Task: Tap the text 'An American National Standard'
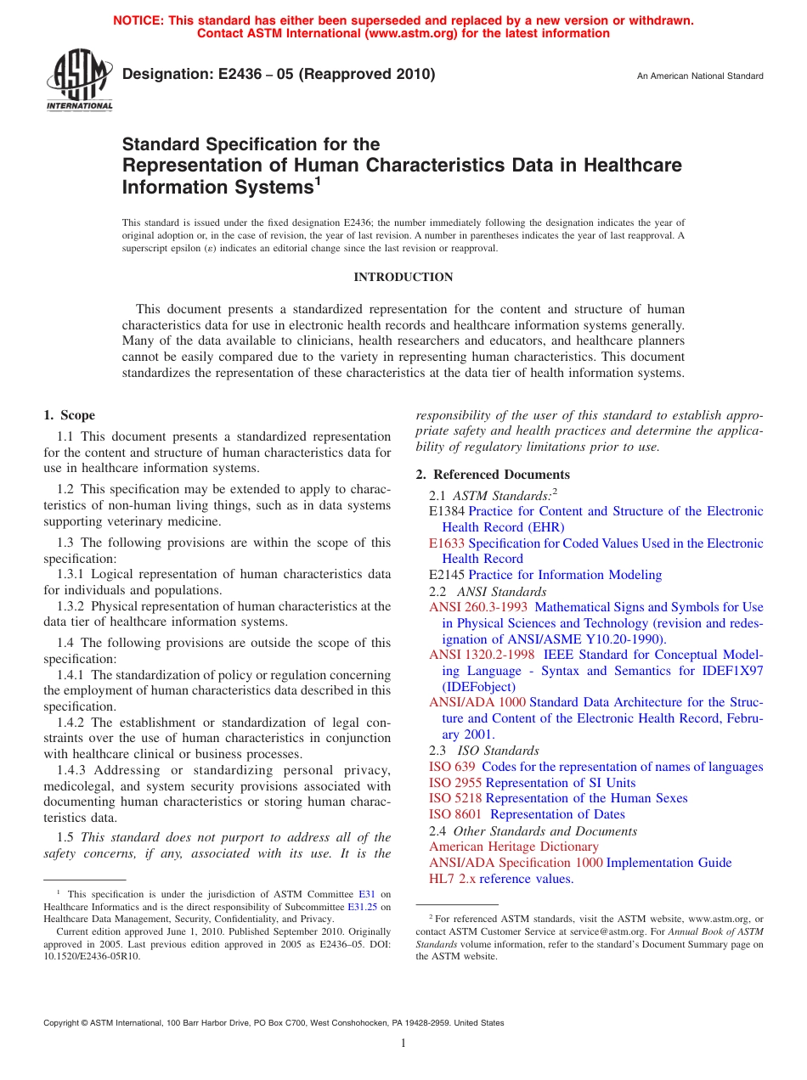click(700, 76)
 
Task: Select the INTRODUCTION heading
click(403, 278)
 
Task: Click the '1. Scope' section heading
click(70, 416)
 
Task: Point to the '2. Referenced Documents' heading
click(493, 475)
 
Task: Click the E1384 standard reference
click(447, 512)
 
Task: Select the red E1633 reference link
click(447, 543)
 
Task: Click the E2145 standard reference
click(447, 575)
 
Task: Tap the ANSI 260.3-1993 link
click(478, 607)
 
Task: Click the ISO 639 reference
click(452, 767)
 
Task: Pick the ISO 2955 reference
click(455, 783)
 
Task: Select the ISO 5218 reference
click(455, 798)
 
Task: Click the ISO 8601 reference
click(455, 814)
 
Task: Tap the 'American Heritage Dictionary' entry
click(514, 847)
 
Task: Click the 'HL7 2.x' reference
click(452, 879)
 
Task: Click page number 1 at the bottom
click(403, 1043)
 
